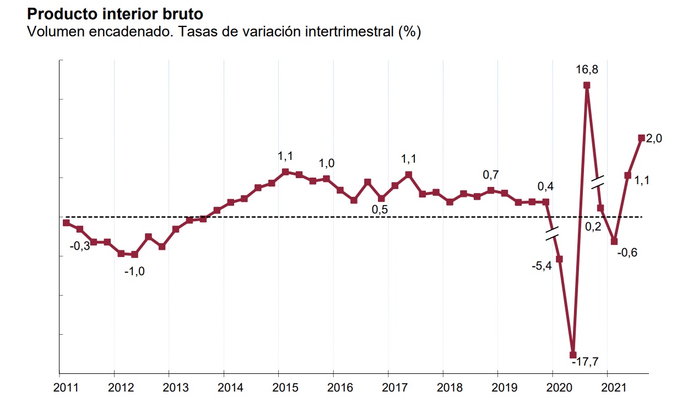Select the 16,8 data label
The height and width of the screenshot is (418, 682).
(x=587, y=69)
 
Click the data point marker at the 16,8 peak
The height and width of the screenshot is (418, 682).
(x=587, y=85)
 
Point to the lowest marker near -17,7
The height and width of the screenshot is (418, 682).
(x=573, y=355)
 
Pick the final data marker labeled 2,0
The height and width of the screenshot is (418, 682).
(x=641, y=138)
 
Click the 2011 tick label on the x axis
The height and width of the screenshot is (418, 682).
(x=65, y=388)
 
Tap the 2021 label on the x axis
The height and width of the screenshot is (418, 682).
(x=614, y=388)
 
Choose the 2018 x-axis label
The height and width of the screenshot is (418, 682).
(x=449, y=388)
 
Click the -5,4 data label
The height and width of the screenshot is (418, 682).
(x=541, y=266)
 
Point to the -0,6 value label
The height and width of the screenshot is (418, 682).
(x=627, y=253)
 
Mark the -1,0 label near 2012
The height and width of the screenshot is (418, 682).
(x=134, y=271)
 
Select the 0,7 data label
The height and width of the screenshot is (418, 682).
(x=491, y=175)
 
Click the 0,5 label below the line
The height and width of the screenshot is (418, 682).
(x=381, y=210)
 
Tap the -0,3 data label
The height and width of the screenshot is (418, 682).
(x=80, y=246)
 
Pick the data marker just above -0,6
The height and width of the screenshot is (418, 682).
(x=614, y=242)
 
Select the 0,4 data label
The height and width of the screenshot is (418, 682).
(x=545, y=186)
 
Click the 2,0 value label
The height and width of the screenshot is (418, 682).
(x=654, y=138)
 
